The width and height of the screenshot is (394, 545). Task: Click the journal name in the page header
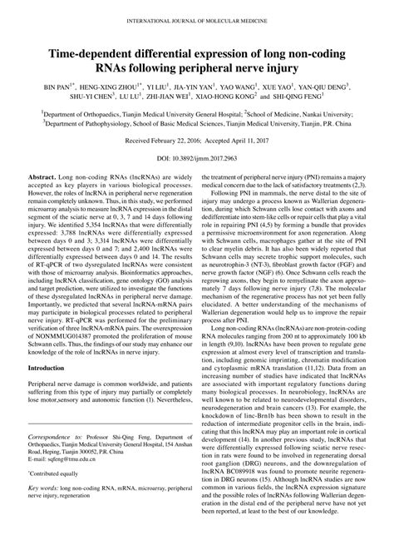click(x=197, y=9)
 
